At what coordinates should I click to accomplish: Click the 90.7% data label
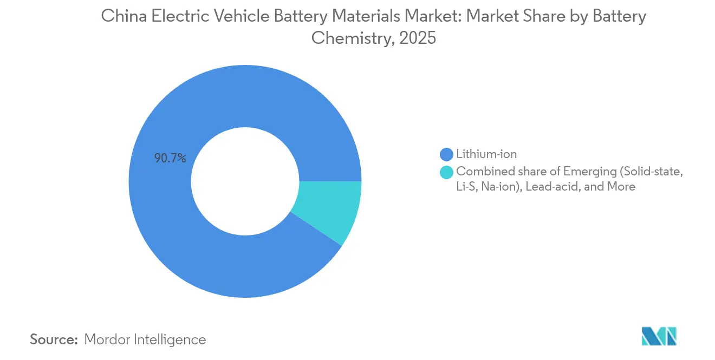171,159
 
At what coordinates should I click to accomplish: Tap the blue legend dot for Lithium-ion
447,154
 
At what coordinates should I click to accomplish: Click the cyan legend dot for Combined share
447,172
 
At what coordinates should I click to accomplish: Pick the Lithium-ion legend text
486,154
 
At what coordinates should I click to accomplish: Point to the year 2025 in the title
418,38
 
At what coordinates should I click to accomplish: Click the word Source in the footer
53,339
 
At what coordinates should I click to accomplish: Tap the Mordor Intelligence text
145,339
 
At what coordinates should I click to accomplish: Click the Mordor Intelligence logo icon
659,336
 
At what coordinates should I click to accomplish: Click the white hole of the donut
245,181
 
